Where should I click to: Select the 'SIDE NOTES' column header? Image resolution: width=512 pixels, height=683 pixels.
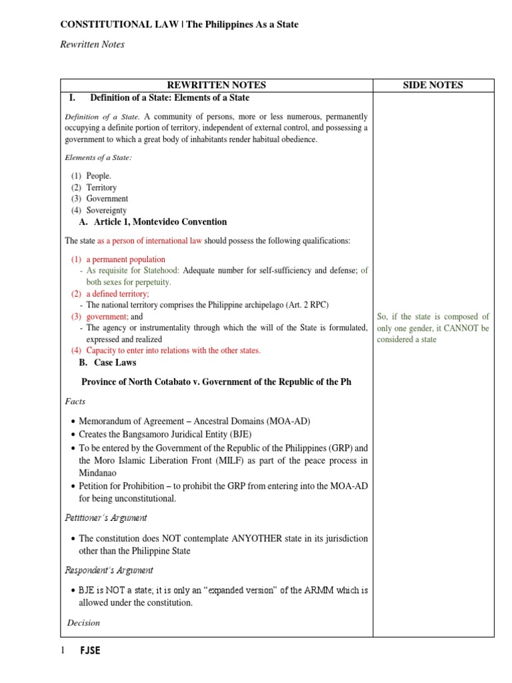[433, 85]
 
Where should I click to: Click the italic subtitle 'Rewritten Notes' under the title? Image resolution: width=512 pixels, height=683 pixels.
[93, 45]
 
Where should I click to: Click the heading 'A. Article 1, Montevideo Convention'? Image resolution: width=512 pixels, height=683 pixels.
[153, 222]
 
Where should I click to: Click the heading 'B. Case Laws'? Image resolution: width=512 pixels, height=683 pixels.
[107, 363]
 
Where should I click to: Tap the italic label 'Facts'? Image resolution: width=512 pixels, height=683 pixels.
[75, 402]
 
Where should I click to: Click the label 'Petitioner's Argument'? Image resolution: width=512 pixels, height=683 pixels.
[106, 518]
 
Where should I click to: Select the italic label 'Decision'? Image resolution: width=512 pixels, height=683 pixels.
[84, 623]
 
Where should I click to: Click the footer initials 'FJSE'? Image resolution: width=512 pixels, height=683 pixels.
[90, 651]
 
